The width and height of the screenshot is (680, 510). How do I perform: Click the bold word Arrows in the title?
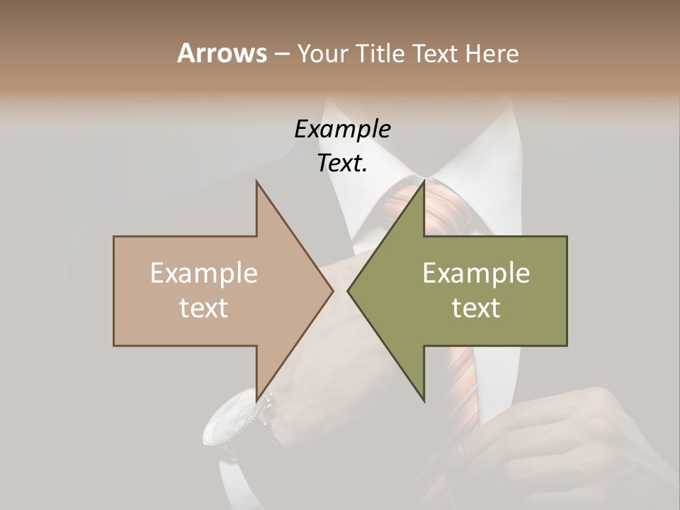tap(222, 53)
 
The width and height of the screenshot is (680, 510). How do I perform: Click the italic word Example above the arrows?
tap(342, 129)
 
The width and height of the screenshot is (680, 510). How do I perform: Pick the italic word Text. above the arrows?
tap(342, 163)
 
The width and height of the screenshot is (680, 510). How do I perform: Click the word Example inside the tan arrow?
tap(204, 273)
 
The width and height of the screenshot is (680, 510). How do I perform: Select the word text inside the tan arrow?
tap(204, 307)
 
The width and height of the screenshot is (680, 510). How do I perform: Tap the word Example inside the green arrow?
tap(476, 273)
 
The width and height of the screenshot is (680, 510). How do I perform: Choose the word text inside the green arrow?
tap(476, 307)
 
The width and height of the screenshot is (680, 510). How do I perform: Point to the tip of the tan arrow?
tap(332, 290)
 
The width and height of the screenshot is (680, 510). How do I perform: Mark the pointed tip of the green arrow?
tap(348, 290)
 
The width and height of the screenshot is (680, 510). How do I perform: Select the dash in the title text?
tap(281, 55)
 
